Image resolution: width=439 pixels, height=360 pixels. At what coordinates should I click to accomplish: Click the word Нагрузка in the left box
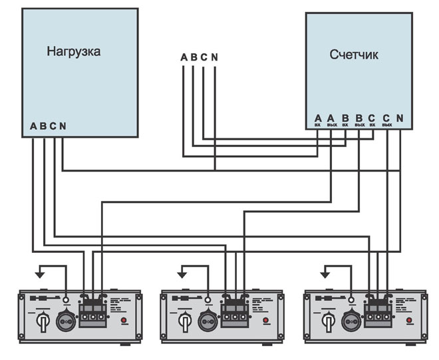(74, 52)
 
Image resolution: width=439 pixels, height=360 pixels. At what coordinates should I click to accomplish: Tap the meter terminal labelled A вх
(318, 120)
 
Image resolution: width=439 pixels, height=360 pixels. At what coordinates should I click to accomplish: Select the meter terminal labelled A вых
(331, 120)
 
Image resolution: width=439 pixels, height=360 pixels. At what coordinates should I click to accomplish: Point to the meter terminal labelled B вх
(345, 120)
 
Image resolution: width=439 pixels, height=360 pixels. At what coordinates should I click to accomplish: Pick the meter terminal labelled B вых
(359, 120)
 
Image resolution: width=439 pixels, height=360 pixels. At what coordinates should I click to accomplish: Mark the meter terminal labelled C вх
(372, 120)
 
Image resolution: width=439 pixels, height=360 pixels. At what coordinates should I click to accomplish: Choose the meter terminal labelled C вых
(386, 120)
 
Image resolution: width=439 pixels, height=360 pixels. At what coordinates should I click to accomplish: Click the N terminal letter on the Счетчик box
(400, 118)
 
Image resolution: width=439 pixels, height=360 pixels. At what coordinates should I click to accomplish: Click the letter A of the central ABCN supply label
(184, 57)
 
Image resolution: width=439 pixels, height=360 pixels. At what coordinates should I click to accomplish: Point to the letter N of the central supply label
(214, 57)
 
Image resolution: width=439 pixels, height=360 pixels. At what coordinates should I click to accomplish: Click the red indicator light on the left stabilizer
(123, 321)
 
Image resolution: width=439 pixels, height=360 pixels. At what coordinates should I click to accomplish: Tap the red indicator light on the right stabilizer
(410, 321)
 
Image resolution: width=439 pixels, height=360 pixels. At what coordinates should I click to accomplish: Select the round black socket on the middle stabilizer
(210, 320)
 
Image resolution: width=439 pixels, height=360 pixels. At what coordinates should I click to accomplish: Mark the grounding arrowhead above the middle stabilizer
(180, 273)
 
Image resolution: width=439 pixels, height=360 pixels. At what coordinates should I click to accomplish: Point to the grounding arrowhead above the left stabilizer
(38, 273)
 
